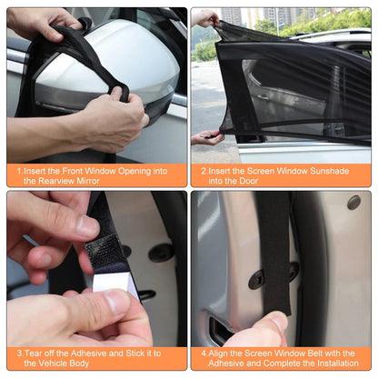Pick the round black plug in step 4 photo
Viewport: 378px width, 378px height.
[353, 203]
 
